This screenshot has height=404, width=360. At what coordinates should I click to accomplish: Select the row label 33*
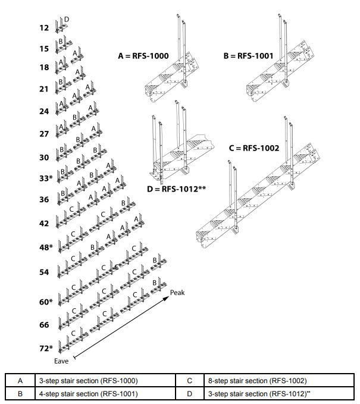pos(45,178)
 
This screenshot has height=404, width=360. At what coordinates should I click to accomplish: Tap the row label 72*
pos(45,348)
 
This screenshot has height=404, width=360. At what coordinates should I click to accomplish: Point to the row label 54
pos(44,272)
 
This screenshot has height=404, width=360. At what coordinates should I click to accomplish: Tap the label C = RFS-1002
pos(253,148)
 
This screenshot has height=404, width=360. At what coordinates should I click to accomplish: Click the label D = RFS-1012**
pos(176,189)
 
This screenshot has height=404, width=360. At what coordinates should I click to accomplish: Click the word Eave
pos(62,361)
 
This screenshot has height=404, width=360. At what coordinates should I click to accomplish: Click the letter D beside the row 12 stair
pos(67,20)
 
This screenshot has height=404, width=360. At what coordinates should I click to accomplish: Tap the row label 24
pos(44,111)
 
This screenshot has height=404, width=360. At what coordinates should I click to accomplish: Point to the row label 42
pos(44,224)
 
